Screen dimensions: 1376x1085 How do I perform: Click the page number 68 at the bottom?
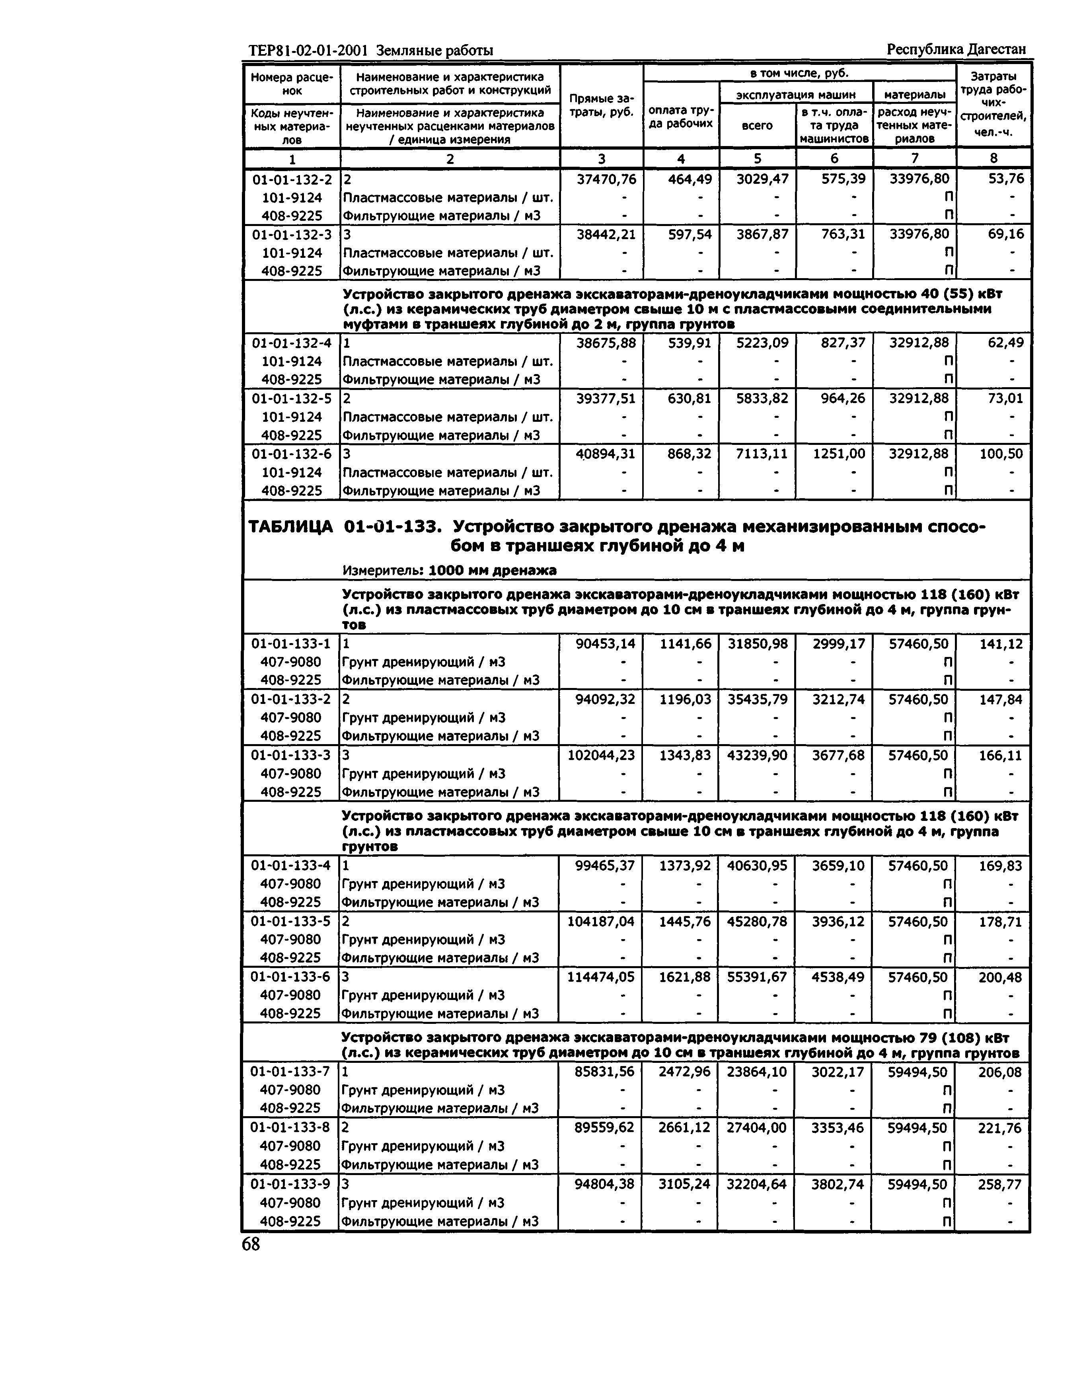tap(251, 1245)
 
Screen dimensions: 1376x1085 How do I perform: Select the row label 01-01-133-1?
tap(291, 643)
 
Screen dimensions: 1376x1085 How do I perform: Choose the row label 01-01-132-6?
tap(292, 454)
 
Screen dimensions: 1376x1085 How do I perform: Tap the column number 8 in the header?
tap(993, 158)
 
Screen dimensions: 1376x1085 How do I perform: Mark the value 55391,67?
tap(757, 977)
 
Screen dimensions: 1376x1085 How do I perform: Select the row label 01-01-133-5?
tap(291, 921)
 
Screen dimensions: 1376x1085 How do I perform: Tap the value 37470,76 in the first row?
tap(606, 179)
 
